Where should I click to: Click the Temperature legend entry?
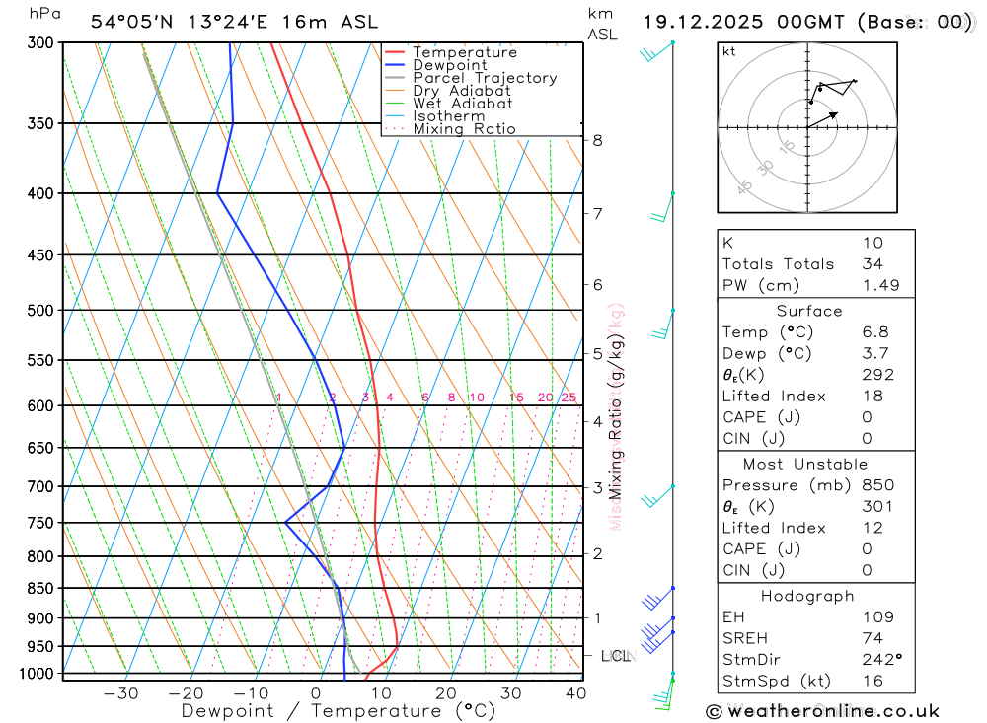(464, 52)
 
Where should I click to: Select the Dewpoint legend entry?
(449, 65)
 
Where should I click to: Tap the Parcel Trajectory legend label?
(484, 78)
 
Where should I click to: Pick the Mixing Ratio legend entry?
(464, 128)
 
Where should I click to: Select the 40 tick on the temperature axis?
(575, 693)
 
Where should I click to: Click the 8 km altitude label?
(597, 140)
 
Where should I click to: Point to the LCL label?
(616, 656)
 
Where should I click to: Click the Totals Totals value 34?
(873, 264)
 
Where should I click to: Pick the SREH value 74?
(873, 638)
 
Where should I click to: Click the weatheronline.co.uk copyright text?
(823, 711)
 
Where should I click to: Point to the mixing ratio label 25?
(569, 398)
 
